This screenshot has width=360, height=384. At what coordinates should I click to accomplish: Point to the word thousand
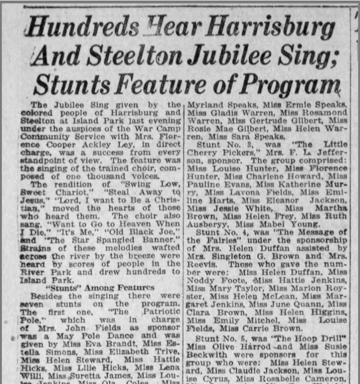[111, 176]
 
